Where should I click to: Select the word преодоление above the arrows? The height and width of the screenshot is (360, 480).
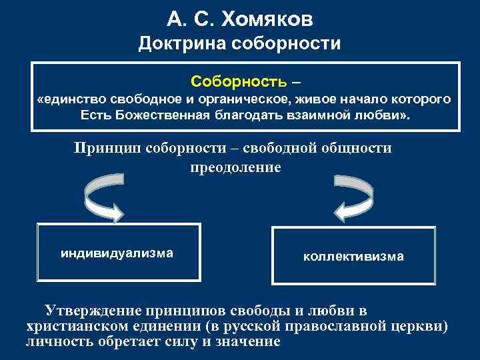[236, 167]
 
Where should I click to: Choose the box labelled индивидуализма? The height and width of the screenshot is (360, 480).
[119, 253]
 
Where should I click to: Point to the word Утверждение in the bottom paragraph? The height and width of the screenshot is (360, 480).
[91, 311]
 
